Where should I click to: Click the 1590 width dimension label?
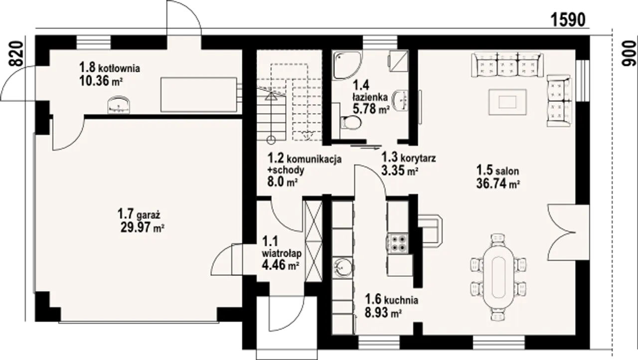point(568,20)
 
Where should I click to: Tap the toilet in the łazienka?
point(350,123)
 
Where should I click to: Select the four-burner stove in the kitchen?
point(397,243)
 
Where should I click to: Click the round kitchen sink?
point(343,267)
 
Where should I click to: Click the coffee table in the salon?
point(507,102)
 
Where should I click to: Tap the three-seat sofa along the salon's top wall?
point(507,65)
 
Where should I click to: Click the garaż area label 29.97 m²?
point(143,227)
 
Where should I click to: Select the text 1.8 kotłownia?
point(110,68)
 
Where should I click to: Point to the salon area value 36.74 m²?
point(498,183)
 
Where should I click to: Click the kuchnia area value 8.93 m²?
point(383,313)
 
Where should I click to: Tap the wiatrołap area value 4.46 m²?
point(280,265)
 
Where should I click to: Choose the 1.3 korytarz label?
point(409,157)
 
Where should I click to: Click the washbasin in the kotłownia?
point(119,105)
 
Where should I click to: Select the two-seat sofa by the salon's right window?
point(559,101)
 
